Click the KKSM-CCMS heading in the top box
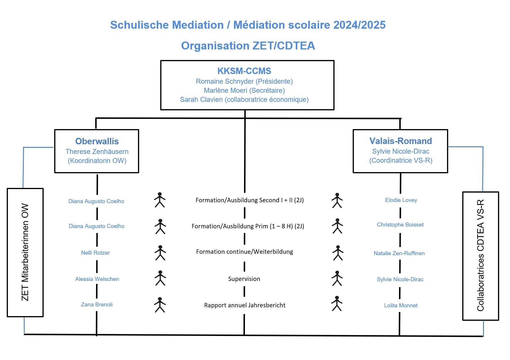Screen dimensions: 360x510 [244, 71]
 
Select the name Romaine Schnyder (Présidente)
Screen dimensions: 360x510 [244, 81]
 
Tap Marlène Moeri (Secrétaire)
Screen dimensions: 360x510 [244, 90]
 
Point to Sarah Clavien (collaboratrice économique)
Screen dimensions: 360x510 [244, 100]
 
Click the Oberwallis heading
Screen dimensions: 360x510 [97, 141]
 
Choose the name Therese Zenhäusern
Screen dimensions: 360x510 [97, 152]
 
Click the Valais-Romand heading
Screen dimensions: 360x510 [400, 141]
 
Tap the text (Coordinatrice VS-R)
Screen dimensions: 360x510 [400, 160]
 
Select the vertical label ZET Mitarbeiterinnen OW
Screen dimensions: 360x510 [25, 252]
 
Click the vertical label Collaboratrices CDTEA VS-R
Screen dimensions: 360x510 [480, 255]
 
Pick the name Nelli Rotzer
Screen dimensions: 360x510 [95, 253]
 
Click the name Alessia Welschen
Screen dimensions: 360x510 [97, 279]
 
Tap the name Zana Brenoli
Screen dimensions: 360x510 [97, 304]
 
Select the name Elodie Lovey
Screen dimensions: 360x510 [401, 200]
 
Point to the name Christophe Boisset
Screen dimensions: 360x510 [400, 224]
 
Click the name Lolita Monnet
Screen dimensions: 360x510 [401, 305]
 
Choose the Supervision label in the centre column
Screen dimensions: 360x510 [244, 279]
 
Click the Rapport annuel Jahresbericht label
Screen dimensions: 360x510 [245, 305]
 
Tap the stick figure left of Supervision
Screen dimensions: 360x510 [160, 278]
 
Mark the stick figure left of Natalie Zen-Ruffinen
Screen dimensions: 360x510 [338, 253]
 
